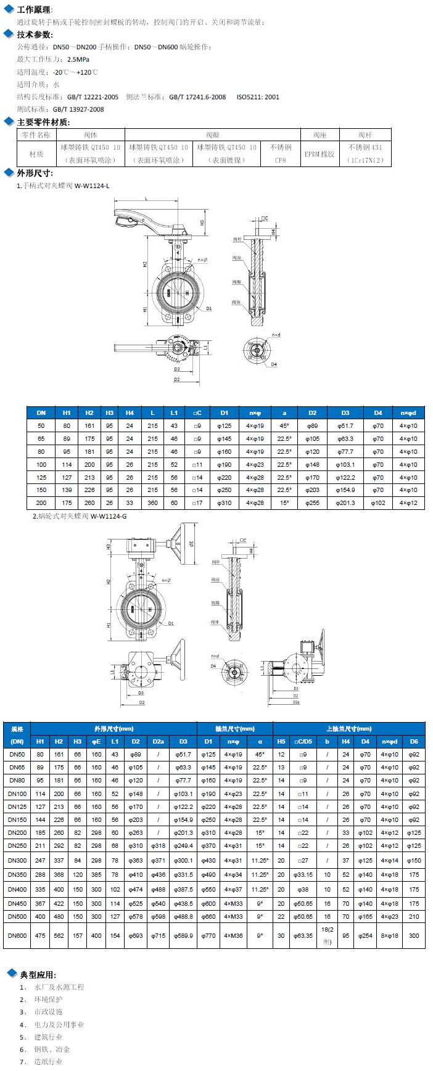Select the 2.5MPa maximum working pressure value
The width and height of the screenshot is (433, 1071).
[78, 59]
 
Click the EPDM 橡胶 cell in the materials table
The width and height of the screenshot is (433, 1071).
[320, 154]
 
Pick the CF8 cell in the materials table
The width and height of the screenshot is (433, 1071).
[281, 160]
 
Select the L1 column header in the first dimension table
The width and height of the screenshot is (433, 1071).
[174, 412]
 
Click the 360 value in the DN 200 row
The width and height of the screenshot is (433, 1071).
[152, 503]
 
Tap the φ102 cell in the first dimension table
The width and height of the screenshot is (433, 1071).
[377, 503]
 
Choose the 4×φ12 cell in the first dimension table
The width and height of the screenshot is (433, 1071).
[408, 503]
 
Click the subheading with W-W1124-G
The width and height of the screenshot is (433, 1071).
[80, 516]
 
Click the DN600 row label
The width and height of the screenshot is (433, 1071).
[17, 935]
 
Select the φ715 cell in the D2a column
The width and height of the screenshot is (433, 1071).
[158, 935]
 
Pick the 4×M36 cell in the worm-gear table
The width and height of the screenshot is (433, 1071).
[233, 935]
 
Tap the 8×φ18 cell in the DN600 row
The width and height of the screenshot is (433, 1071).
[389, 935]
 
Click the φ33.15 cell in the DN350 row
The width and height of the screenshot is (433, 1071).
[303, 874]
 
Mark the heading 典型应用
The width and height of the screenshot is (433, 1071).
[38, 975]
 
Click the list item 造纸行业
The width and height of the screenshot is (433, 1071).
[48, 1061]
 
